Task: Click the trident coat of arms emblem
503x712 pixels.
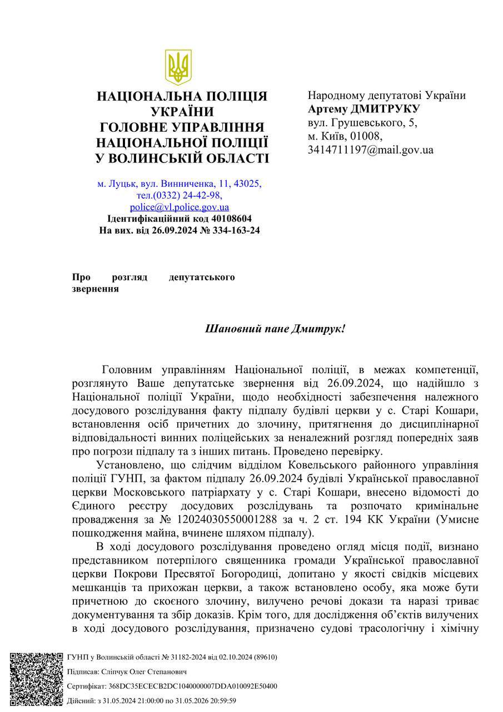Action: [178, 67]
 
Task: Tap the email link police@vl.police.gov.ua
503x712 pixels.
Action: [179, 207]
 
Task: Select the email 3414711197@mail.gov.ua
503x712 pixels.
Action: [371, 150]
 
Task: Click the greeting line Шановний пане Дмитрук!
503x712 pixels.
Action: [275, 329]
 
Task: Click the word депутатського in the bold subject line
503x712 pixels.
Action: [202, 277]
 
